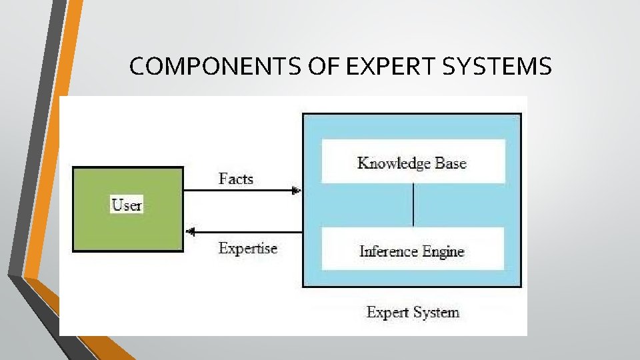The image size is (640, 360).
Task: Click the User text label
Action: (127, 205)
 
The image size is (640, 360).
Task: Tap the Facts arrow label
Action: (236, 179)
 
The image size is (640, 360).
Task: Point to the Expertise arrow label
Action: (247, 249)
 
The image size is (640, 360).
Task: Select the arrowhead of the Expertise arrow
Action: (189, 232)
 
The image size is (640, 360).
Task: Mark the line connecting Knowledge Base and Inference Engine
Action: (413, 205)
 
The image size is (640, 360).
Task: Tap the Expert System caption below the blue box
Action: (413, 312)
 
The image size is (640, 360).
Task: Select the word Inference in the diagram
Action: (388, 252)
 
